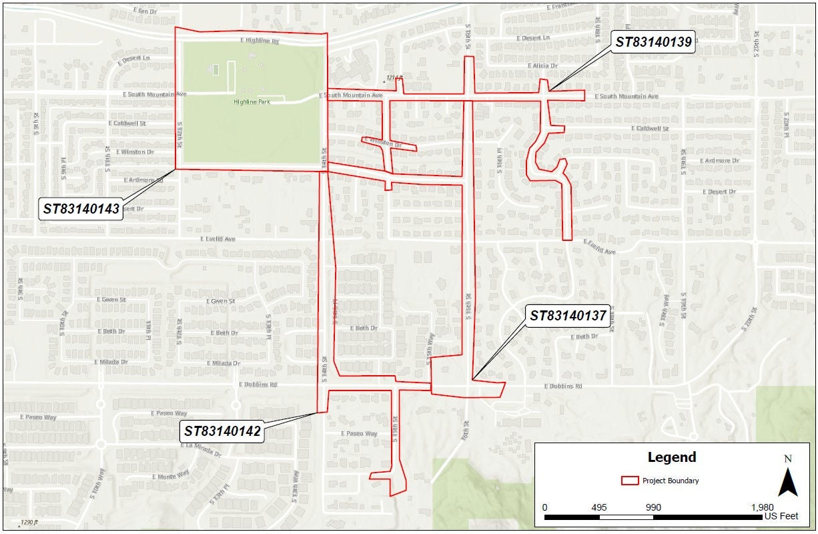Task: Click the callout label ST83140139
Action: click(653, 41)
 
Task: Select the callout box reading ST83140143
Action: click(81, 209)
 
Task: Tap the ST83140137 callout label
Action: click(568, 316)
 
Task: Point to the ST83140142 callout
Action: click(223, 431)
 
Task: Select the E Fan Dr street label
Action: click(145, 11)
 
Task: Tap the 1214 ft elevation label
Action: click(395, 78)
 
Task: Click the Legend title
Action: click(672, 457)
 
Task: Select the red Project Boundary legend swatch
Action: click(629, 481)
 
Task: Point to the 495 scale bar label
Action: click(598, 507)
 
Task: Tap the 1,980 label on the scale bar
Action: click(761, 507)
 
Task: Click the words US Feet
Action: click(781, 516)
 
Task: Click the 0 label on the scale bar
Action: click(545, 507)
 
